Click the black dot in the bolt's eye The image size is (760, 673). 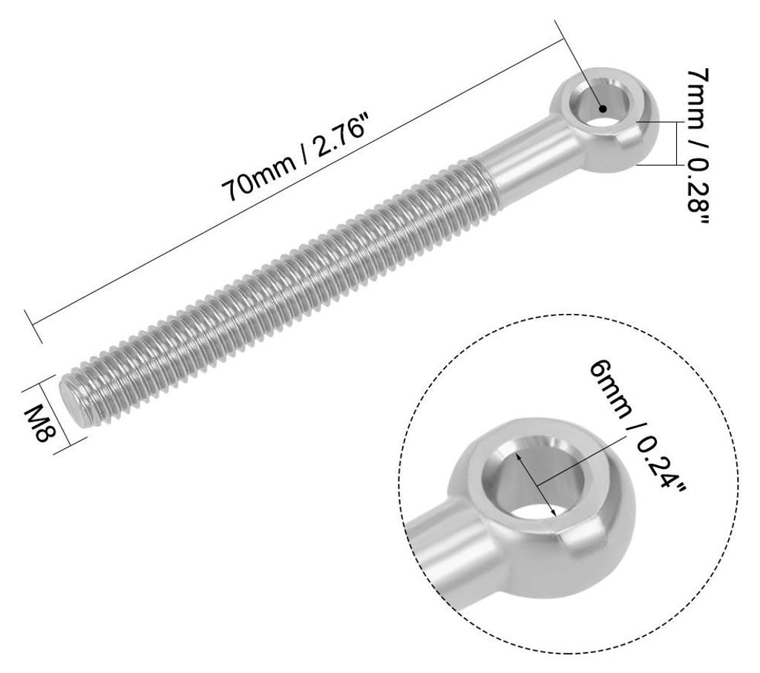coord(603,108)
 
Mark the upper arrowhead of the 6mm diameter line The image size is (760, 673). coord(520,456)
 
